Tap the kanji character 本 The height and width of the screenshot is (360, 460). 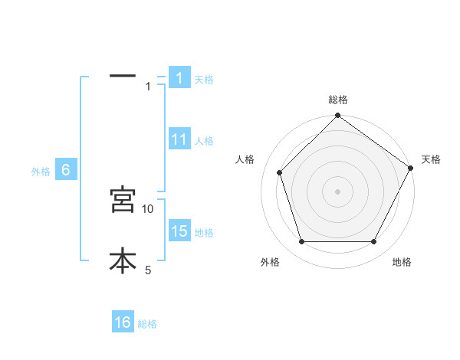point(123,260)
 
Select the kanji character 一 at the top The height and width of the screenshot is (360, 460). point(123,76)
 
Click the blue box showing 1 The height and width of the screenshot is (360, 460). point(179,78)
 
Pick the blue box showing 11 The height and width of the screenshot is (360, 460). point(179,139)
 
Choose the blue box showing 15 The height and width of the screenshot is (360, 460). point(179,231)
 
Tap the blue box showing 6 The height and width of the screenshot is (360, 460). point(66,171)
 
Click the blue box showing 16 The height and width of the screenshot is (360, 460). point(123,322)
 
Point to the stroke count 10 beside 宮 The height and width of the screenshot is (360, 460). point(148,208)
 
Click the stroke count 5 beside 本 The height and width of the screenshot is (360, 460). point(148,270)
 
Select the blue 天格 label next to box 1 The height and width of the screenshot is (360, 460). point(204,80)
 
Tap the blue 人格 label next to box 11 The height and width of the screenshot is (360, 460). point(204,141)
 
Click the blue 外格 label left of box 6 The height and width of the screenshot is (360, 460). point(41,172)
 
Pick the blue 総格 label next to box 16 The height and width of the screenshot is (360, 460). point(147,324)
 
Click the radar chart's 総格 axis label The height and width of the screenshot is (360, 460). point(338,100)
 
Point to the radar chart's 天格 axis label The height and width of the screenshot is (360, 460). point(432,159)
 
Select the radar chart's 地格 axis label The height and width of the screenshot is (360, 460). point(402,262)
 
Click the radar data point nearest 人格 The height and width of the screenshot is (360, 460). point(279,172)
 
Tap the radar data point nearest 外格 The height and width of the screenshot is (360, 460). point(301,242)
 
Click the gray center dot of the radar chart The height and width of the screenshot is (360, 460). point(338,191)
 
